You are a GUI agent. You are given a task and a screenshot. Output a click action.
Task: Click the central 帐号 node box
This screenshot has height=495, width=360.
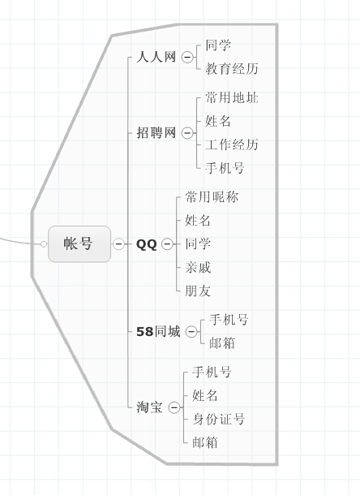point(79,243)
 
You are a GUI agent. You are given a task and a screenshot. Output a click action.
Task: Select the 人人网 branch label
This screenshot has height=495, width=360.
point(156,57)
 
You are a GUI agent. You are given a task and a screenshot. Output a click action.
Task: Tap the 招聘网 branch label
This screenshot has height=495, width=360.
point(156,132)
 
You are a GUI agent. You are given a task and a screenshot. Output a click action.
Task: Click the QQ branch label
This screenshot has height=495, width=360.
point(147,244)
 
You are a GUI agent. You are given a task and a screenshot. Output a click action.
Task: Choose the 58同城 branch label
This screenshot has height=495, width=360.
point(158,331)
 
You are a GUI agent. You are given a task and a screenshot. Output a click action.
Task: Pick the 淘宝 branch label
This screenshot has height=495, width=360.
point(149,407)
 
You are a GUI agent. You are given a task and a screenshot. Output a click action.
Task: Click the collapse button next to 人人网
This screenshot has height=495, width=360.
point(187,57)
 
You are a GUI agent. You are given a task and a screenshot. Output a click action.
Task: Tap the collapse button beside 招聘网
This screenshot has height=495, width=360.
point(187,133)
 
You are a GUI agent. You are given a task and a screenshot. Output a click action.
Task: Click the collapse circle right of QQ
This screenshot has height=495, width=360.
point(167,244)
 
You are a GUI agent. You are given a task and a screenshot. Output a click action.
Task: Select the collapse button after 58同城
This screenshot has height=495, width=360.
point(191,331)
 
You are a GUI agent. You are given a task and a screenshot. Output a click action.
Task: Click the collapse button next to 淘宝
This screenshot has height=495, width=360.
point(174,407)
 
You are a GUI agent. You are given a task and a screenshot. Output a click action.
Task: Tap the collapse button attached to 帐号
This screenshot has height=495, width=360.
point(118,243)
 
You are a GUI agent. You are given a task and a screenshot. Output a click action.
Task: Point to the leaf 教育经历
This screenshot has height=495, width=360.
point(232,68)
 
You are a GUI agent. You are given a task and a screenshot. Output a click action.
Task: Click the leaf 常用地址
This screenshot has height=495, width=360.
point(232,97)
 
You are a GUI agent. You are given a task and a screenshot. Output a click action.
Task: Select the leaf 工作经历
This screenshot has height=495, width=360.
point(232,144)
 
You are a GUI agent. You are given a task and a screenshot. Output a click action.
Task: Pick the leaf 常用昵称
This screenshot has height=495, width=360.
point(212,197)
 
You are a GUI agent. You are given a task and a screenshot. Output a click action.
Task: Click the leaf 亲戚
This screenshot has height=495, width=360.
point(198,268)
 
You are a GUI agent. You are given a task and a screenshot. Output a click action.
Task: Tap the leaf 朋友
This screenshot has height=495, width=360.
point(198,291)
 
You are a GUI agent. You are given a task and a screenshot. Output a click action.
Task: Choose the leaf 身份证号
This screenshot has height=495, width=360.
point(218,420)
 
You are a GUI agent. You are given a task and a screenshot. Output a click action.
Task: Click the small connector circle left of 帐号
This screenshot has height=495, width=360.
point(44,244)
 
